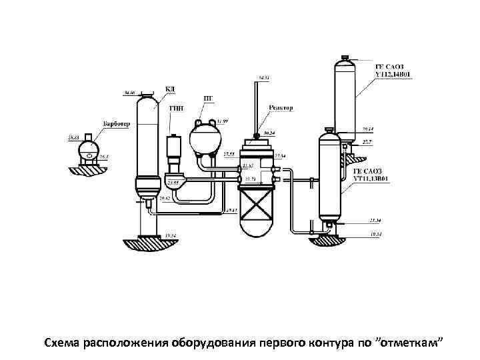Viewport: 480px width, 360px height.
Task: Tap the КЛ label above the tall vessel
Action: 170,89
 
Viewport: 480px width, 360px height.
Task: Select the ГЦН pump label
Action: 177,107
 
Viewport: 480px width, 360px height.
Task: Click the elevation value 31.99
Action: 223,121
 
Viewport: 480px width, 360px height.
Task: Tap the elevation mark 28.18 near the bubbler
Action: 73,137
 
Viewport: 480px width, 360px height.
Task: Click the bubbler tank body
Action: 87,149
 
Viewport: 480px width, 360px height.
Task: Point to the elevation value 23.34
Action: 375,221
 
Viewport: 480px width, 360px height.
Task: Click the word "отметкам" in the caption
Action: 413,342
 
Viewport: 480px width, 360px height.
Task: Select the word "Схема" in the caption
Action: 61,342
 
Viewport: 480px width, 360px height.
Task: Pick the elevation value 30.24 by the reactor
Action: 269,133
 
